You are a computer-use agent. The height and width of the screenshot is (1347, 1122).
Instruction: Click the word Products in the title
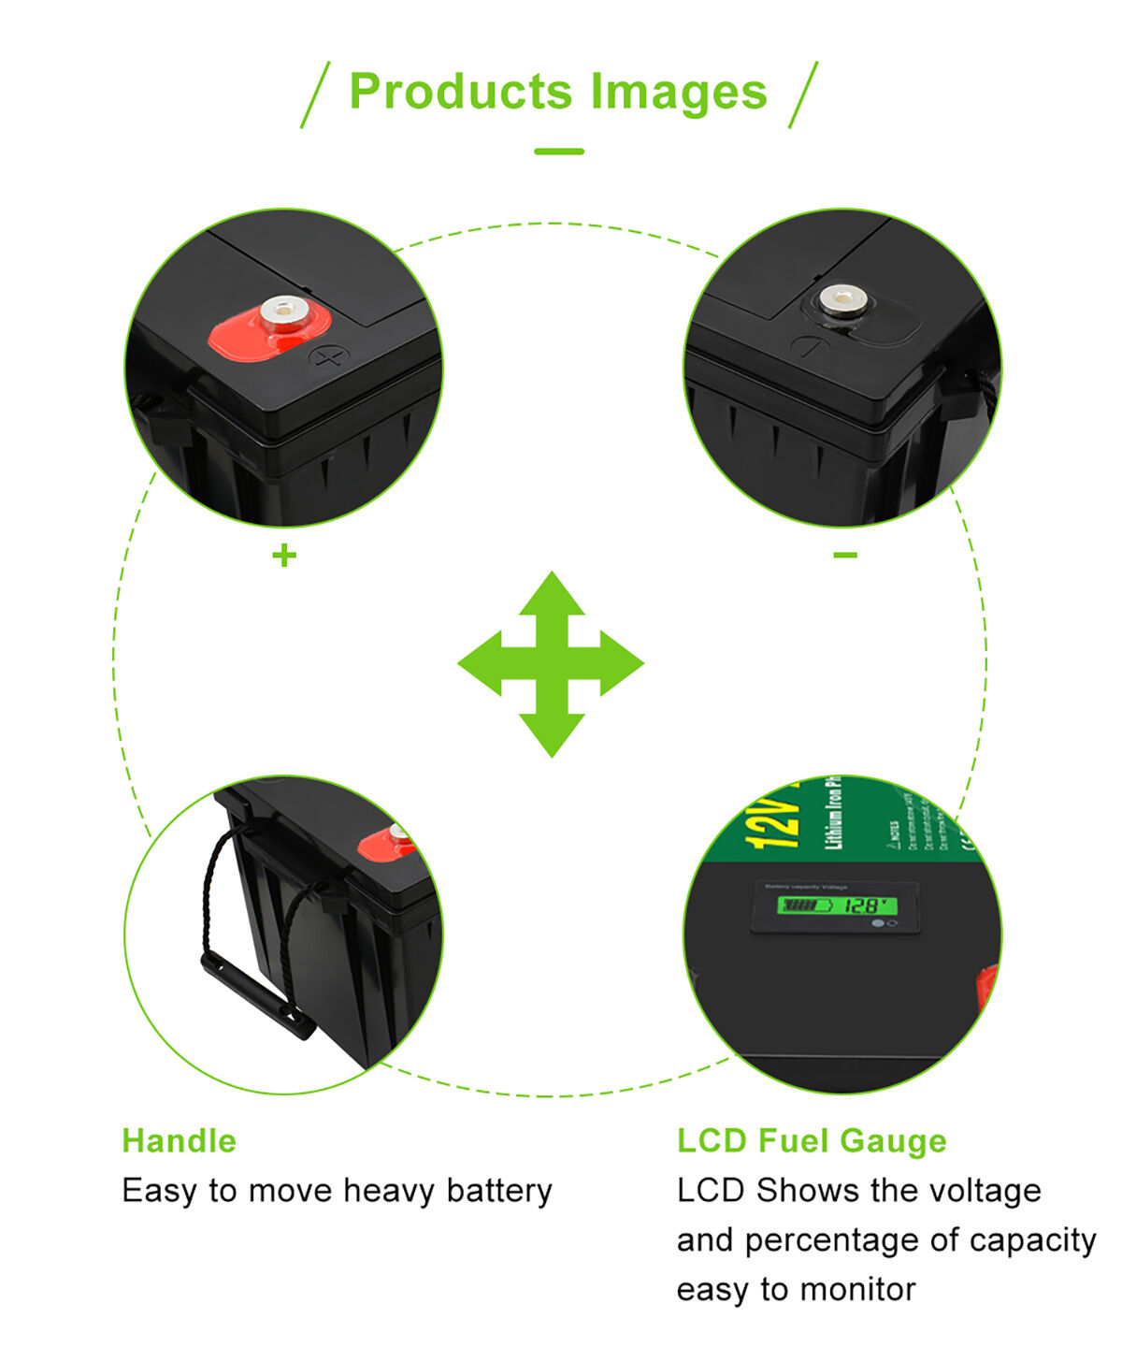pyautogui.click(x=460, y=92)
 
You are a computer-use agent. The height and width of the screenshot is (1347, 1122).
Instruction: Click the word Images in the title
pyautogui.click(x=678, y=92)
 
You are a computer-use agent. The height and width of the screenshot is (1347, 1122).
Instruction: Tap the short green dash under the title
pyautogui.click(x=559, y=151)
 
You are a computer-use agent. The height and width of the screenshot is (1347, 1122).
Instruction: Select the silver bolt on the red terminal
pyautogui.click(x=284, y=311)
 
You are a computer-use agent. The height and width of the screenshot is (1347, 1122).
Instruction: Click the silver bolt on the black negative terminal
pyautogui.click(x=841, y=300)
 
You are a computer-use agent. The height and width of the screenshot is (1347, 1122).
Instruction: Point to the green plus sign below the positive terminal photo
pyautogui.click(x=284, y=556)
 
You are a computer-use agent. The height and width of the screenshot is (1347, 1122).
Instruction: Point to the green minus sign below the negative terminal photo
pyautogui.click(x=845, y=555)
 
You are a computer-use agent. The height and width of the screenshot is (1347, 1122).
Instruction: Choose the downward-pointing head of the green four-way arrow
pyautogui.click(x=552, y=733)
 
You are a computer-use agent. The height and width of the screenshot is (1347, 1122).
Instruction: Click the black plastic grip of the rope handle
pyautogui.click(x=258, y=996)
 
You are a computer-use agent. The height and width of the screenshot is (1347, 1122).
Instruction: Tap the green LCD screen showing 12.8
pyautogui.click(x=837, y=905)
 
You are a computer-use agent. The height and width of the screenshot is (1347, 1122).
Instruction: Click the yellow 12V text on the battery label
pyautogui.click(x=773, y=821)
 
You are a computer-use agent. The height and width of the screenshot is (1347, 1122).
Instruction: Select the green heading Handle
pyautogui.click(x=179, y=1140)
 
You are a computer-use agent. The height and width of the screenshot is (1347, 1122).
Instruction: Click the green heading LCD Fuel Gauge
pyautogui.click(x=812, y=1140)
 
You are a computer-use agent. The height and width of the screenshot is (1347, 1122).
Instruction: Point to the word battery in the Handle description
pyautogui.click(x=499, y=1191)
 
